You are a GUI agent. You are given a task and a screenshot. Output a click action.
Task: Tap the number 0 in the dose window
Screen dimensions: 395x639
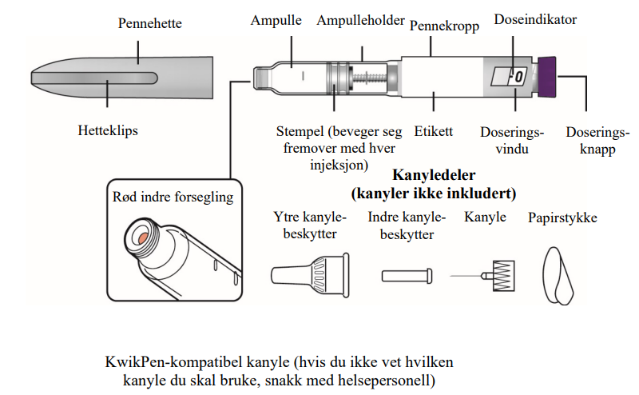(x=517, y=78)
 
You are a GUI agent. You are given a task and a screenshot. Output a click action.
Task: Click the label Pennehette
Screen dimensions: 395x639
(x=149, y=23)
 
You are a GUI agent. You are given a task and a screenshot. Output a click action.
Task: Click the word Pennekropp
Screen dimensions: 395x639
(x=444, y=26)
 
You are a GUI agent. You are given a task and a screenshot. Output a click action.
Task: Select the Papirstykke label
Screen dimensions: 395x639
(x=562, y=217)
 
